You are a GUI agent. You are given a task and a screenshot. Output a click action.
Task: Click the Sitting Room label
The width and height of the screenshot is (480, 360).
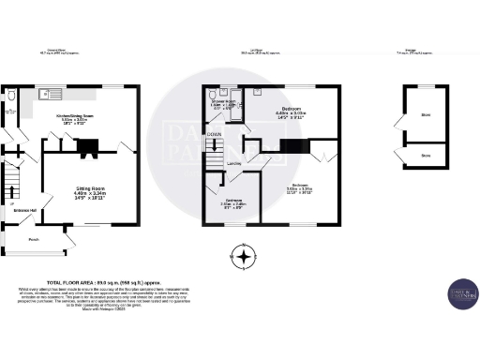pos(90,189)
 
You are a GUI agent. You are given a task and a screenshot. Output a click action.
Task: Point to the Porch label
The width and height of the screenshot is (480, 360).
pos(34,238)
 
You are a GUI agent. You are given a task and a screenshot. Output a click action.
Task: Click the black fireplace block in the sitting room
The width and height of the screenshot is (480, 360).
pos(88,145)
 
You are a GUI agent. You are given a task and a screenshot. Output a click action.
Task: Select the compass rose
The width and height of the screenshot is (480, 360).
pos(245,256)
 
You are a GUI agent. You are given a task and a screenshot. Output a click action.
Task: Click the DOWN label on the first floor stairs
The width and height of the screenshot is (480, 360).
pos(214,135)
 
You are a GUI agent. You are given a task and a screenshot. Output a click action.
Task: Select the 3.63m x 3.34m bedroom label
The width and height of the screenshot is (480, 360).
pos(301,188)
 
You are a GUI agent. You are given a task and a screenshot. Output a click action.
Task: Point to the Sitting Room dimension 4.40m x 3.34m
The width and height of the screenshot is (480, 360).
pos(90,198)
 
